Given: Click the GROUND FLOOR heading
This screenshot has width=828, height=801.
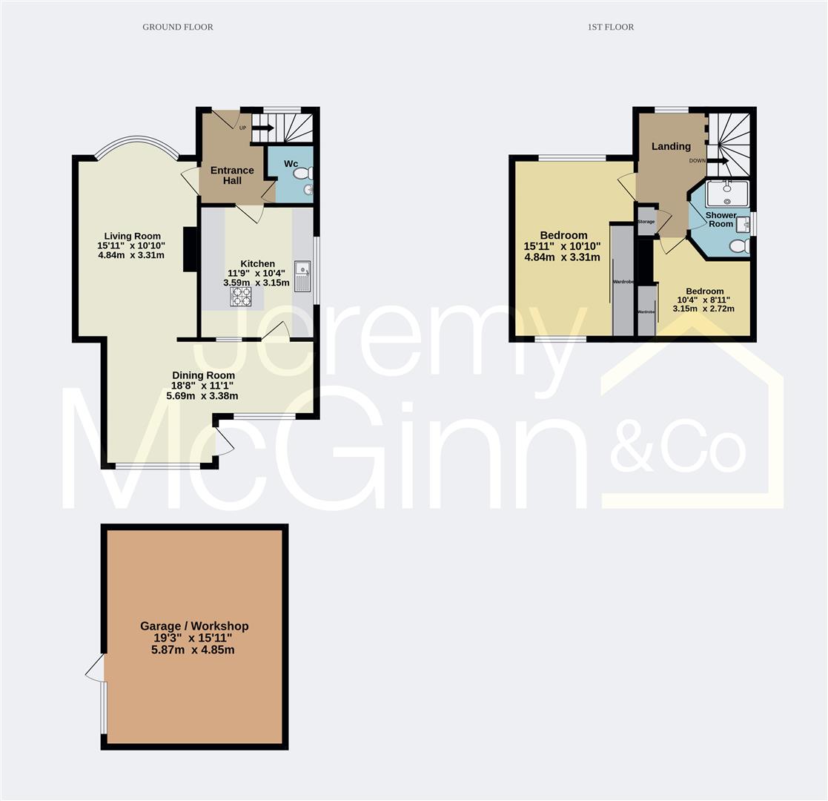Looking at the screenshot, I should [178, 27].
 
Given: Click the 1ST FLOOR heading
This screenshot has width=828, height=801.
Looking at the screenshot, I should [610, 27].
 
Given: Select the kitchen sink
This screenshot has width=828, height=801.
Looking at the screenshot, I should [302, 277].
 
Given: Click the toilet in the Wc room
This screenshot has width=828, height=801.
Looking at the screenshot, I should [303, 174].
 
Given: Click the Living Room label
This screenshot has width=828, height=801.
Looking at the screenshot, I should [132, 236].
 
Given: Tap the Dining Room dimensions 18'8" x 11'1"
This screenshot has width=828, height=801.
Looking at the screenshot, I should [204, 386].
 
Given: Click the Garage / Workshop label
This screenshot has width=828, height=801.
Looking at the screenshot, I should [194, 626].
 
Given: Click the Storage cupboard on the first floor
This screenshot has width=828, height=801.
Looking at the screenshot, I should [646, 222].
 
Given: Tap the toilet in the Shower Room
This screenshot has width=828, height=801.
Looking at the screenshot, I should [738, 246].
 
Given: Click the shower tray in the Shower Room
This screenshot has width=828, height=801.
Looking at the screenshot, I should [726, 194].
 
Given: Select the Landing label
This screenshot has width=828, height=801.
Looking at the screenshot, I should [671, 146].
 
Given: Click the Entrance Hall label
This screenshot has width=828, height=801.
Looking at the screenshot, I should [232, 175].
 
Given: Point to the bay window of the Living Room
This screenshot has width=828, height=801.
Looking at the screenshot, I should [136, 142].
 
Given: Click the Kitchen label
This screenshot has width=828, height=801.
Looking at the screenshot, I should [257, 263].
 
